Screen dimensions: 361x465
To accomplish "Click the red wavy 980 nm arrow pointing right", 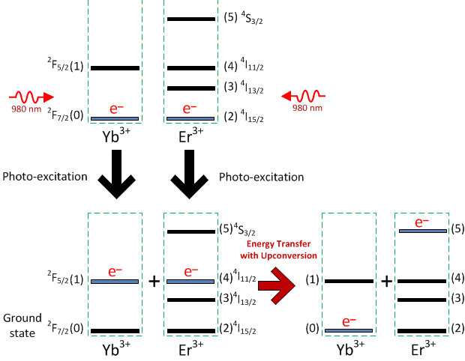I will pos(30,97).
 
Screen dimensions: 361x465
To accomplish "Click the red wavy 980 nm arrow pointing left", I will pos(303,96).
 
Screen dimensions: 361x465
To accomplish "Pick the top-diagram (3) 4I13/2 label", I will pos(244,88).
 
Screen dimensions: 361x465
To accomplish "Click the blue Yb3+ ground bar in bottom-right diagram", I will pos(347,330).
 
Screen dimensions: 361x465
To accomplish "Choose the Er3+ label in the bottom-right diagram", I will pos(422,350).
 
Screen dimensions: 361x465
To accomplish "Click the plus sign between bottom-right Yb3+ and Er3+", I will pos(385,282).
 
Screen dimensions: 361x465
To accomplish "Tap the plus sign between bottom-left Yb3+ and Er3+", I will pos(154,282).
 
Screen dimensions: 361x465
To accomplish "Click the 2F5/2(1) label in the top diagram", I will pos(65,67).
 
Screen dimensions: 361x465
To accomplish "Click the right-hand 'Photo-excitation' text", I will pos(261,178).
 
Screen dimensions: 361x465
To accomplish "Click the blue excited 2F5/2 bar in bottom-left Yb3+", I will pos(115,282).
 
